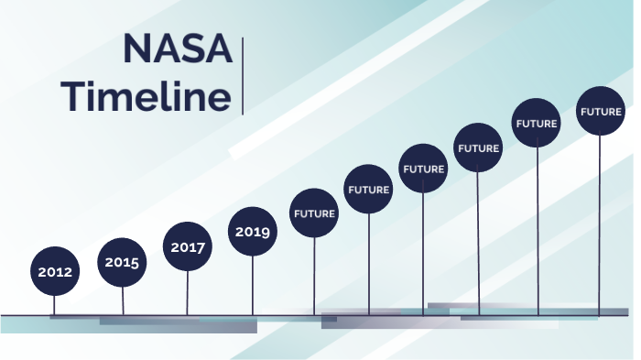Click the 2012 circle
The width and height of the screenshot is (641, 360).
click(x=54, y=271)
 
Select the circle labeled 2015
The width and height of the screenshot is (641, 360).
click(x=122, y=262)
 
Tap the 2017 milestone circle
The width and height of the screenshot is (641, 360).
click(x=188, y=246)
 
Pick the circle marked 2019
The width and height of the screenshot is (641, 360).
click(x=252, y=232)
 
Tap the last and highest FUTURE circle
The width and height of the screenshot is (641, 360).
click(x=601, y=112)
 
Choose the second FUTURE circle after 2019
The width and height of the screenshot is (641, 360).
click(x=368, y=190)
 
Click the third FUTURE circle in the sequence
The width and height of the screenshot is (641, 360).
click(x=423, y=169)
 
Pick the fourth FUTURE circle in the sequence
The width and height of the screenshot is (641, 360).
click(x=478, y=147)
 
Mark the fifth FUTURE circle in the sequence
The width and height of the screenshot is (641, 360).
click(x=537, y=123)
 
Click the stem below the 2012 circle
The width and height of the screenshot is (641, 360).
click(x=54, y=305)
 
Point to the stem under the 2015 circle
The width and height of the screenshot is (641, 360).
click(x=123, y=300)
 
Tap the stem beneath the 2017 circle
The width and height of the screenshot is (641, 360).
click(x=188, y=293)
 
